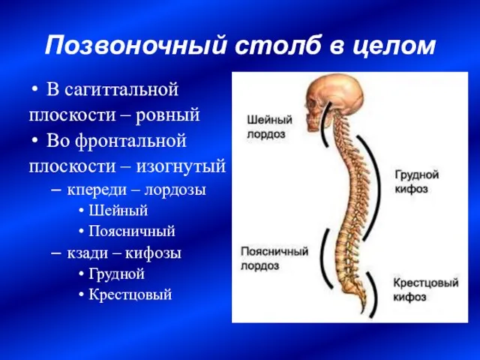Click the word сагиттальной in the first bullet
point(121,90)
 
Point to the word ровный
point(168,115)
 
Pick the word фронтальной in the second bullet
point(130,141)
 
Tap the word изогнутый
point(181,166)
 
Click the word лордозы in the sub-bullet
point(175,190)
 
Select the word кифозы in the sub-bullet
point(153,253)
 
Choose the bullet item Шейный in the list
point(118,211)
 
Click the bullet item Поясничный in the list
point(132,231)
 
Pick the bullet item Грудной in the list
point(117,274)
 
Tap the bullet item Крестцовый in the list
point(130,295)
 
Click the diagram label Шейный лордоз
point(270,127)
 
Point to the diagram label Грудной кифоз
point(417,181)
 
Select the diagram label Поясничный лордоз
point(274,258)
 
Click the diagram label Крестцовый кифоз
point(426,289)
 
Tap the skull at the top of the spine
point(334,101)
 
